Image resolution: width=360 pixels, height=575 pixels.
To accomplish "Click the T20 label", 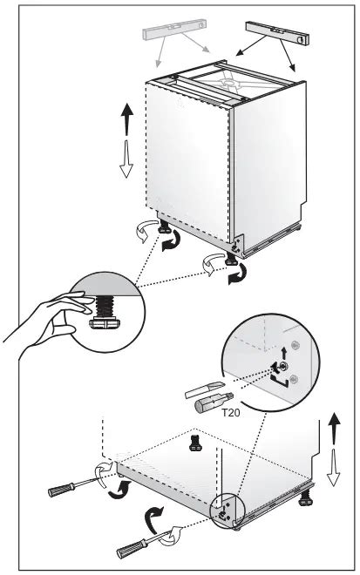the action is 231,413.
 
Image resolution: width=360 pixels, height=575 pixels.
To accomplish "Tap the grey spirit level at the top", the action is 174,29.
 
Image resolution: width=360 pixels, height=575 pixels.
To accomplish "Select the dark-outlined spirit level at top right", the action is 277,33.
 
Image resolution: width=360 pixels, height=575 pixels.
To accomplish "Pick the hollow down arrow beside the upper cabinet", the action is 126,159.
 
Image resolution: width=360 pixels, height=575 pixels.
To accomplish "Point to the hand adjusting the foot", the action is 48,322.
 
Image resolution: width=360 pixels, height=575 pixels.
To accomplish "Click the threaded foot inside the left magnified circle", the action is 105,313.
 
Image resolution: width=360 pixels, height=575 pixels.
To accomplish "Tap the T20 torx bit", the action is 214,402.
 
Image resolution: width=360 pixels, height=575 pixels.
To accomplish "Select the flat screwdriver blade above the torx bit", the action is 204,390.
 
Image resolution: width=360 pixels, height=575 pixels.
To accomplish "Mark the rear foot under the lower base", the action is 196,443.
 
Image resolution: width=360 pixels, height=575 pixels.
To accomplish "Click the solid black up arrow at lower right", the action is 334,429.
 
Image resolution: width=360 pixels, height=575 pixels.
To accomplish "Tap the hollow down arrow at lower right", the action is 333,467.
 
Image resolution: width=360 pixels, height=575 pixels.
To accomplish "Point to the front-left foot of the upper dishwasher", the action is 164,227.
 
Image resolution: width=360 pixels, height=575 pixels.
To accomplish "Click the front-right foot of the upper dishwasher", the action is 232,258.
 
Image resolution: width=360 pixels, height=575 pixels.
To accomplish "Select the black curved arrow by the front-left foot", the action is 172,241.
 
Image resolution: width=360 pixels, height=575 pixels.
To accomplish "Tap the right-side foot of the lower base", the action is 305,497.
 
